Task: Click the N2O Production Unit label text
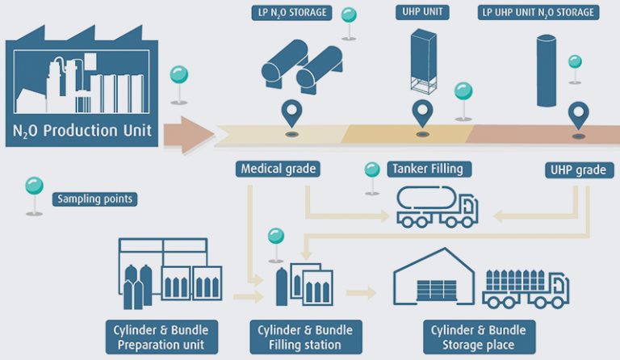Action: click(82, 131)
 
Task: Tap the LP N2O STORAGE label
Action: click(291, 13)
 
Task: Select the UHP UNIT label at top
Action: click(422, 12)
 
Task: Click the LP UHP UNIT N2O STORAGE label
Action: click(538, 13)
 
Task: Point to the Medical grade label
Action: click(278, 170)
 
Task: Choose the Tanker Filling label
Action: click(429, 170)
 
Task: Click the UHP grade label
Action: click(580, 170)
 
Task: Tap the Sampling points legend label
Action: click(95, 199)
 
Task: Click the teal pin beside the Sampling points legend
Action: click(35, 195)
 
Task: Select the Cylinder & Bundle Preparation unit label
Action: click(161, 337)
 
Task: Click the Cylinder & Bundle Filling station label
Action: click(306, 337)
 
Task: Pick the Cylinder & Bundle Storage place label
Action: click(479, 337)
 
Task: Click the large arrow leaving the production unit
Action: click(189, 135)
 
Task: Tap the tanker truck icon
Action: click(438, 207)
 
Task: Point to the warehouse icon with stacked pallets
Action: click(434, 276)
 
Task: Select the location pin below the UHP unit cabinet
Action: click(422, 114)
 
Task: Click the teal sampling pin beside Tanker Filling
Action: click(372, 178)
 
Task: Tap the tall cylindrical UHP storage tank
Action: click(547, 71)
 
